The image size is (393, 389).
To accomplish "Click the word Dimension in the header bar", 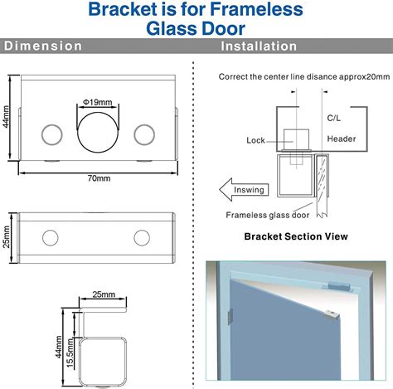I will (x=44, y=46).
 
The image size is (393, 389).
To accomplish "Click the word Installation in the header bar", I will (x=259, y=46).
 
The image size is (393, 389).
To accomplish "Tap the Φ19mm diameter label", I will (x=98, y=102).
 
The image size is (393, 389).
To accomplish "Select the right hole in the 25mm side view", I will (x=142, y=239).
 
